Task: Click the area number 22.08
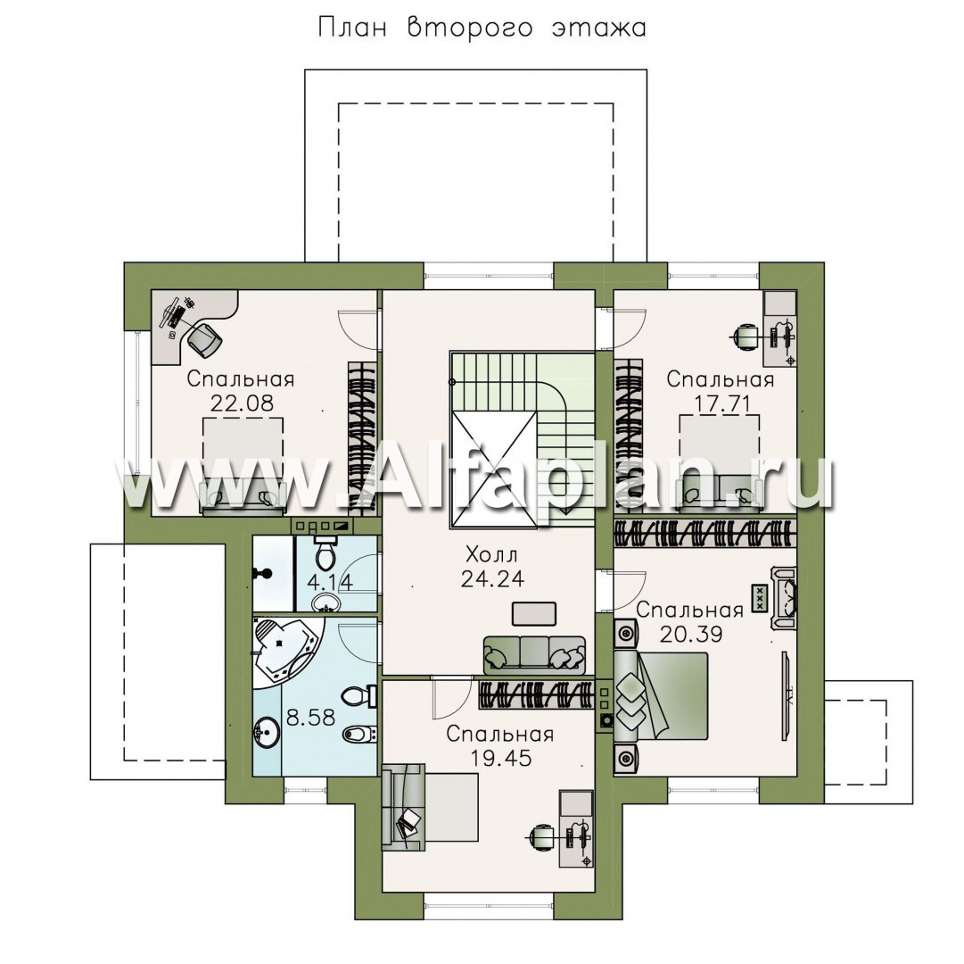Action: point(242,403)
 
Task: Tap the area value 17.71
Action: point(720,403)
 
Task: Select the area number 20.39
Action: point(690,634)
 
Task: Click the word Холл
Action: point(492,555)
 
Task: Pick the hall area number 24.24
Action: point(492,579)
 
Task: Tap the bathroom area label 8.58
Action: point(312,718)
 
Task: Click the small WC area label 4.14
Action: point(330,581)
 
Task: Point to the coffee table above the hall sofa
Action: point(533,613)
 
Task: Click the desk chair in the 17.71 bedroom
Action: point(745,336)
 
